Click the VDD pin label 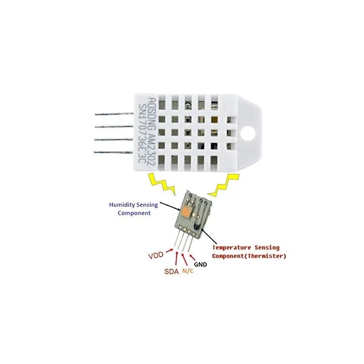(156, 255)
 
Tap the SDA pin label (172, 271)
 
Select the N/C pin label (188, 271)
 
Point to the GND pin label (200, 264)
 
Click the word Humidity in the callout (122, 205)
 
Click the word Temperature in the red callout (232, 248)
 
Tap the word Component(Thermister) (249, 256)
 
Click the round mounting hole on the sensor (248, 133)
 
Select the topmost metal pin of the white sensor (114, 114)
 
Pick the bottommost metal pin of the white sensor (113, 152)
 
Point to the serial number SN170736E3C (142, 133)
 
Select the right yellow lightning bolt (224, 185)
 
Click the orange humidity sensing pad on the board (186, 211)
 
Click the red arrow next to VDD (169, 251)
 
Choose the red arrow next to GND (192, 258)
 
